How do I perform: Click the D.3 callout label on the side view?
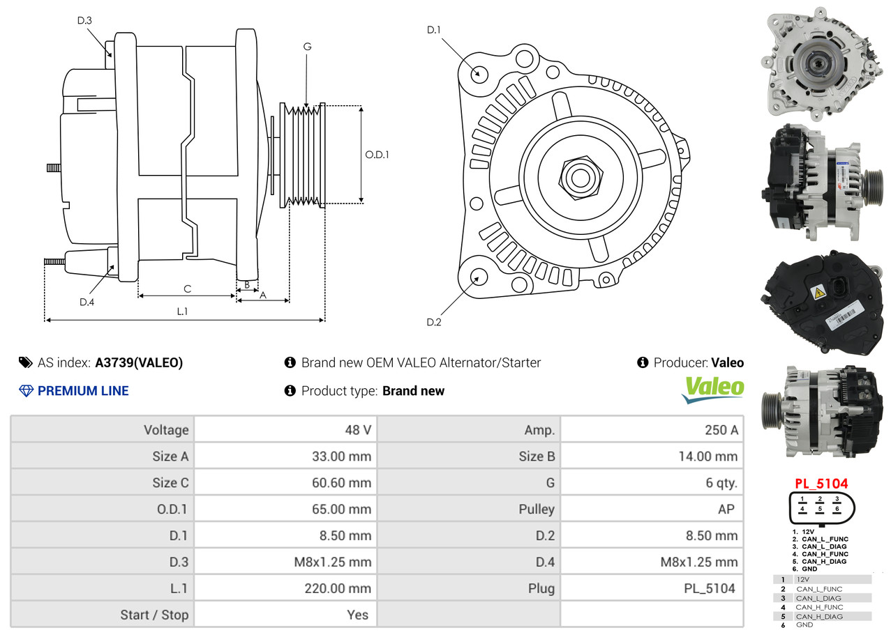click(84, 20)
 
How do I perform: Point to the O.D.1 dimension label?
click(377, 155)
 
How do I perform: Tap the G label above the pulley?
click(307, 47)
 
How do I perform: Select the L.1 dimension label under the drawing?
click(182, 311)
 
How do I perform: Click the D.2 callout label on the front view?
click(433, 322)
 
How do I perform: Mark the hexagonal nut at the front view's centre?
click(581, 178)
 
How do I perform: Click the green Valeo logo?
click(713, 389)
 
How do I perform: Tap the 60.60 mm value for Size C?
click(341, 482)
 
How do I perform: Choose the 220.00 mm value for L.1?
click(338, 588)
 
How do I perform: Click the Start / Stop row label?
click(154, 615)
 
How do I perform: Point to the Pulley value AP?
click(726, 509)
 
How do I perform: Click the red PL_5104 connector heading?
click(821, 484)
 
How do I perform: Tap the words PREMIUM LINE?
click(83, 390)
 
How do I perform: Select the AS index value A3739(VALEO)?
click(139, 362)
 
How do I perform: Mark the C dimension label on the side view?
click(188, 289)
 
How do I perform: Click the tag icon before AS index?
click(25, 362)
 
